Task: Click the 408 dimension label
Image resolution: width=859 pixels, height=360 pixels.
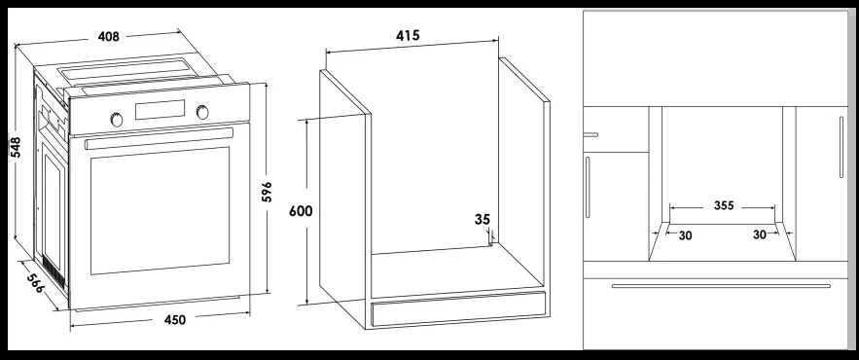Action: pos(109,37)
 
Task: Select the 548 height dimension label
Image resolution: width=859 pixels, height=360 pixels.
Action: pos(16,147)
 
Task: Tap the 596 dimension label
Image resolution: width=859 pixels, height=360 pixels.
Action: pos(267,192)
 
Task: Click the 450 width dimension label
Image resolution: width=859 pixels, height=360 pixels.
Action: pos(175,319)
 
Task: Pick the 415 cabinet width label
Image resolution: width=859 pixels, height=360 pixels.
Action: pos(408,36)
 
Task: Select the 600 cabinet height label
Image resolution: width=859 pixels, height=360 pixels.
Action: pos(301,211)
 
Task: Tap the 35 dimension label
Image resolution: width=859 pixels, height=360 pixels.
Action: pos(483,220)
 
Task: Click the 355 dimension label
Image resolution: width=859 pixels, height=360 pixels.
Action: pos(724,206)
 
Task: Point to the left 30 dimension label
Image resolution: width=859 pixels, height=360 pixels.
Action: pos(685,235)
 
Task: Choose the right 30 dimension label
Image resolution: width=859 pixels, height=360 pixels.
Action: pos(760,234)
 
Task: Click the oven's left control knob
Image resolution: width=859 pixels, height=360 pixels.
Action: pos(117,120)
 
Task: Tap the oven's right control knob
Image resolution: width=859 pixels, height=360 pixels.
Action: pos(202,112)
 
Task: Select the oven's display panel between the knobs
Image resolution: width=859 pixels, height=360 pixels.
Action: pos(160,110)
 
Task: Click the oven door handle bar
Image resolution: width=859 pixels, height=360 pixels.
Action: pos(159,138)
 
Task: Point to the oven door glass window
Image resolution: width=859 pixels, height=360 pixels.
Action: pos(160,210)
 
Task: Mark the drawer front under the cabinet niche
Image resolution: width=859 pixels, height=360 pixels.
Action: pos(458,310)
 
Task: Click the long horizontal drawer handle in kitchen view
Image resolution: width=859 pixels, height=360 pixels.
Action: pos(721,285)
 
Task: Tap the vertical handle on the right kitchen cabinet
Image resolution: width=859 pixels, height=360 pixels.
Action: pos(841,147)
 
